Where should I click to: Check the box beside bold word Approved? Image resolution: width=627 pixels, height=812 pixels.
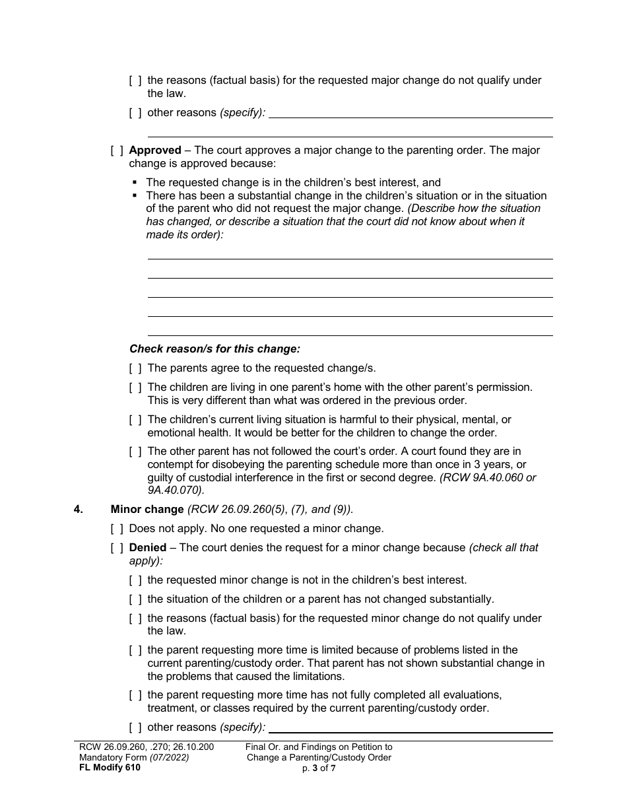117,151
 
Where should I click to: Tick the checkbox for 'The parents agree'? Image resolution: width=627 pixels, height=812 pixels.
135,368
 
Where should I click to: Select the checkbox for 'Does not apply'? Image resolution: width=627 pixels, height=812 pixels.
117,529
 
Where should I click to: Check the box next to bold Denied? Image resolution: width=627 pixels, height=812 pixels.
117,548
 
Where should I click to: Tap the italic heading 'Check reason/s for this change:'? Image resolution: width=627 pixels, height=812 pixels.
214,349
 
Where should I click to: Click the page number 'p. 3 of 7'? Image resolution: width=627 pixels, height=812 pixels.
319,767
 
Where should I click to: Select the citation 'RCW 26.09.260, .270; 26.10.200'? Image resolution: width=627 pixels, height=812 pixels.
146,747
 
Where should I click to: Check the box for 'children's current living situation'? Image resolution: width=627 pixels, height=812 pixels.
135,420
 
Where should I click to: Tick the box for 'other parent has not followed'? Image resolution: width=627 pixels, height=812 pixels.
135,452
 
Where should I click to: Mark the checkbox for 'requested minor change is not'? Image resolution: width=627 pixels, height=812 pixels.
135,580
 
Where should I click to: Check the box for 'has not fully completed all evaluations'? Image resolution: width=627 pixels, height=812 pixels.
135,695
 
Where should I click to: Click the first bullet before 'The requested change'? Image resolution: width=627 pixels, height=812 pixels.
135,183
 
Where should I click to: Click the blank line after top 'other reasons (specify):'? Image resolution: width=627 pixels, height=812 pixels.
411,114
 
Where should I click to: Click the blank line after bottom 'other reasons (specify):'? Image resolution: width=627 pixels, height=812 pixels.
411,727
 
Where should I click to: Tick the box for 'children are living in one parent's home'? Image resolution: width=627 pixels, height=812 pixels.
135,388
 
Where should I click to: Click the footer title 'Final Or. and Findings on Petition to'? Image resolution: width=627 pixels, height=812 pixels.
319,747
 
